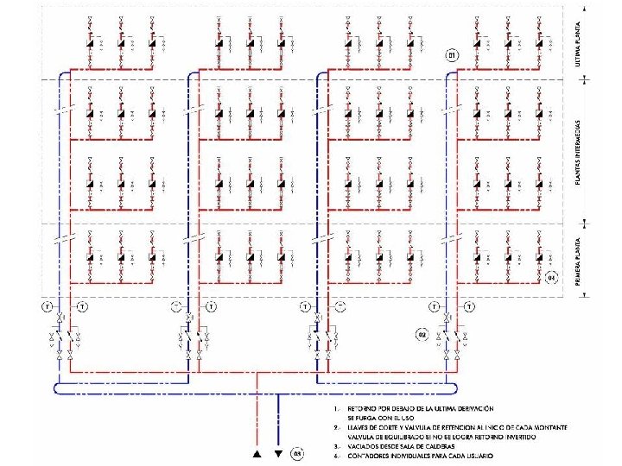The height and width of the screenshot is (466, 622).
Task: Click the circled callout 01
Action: pyautogui.click(x=453, y=56)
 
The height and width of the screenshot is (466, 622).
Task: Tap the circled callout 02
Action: pyautogui.click(x=422, y=334)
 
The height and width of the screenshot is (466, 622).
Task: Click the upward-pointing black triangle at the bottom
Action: pyautogui.click(x=257, y=452)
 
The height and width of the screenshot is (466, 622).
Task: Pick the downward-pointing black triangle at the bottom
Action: pyautogui.click(x=278, y=452)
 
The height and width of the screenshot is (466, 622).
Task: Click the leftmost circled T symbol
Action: pyautogui.click(x=48, y=306)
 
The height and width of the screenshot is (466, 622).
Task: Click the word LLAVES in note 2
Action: pyautogui.click(x=359, y=425)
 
